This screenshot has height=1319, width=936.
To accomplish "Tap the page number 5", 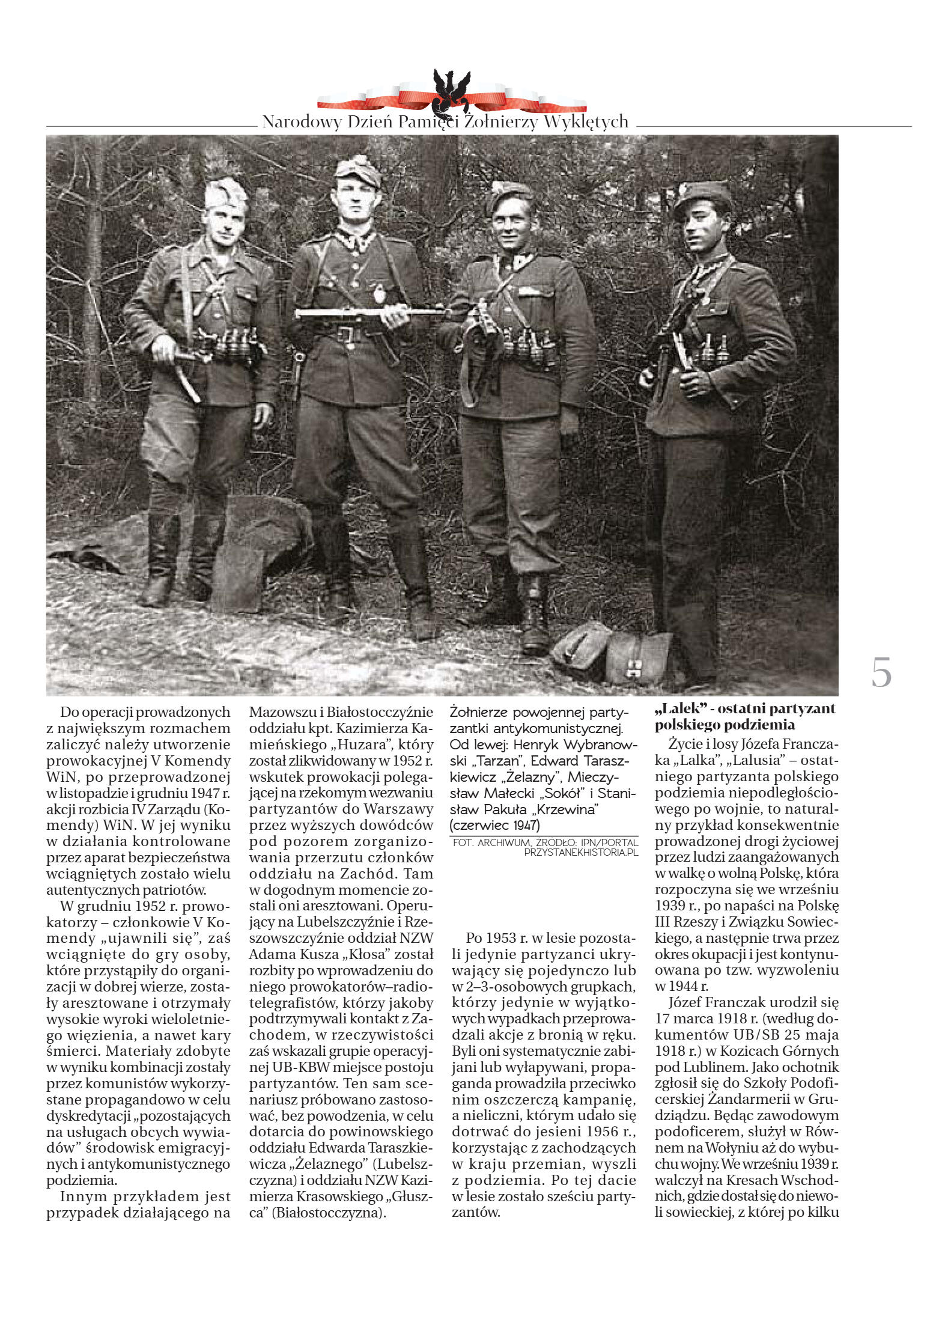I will point(881,672).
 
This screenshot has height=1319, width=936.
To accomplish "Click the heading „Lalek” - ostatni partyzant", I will point(744,708).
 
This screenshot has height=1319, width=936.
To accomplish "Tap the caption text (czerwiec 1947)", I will point(494,825).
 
